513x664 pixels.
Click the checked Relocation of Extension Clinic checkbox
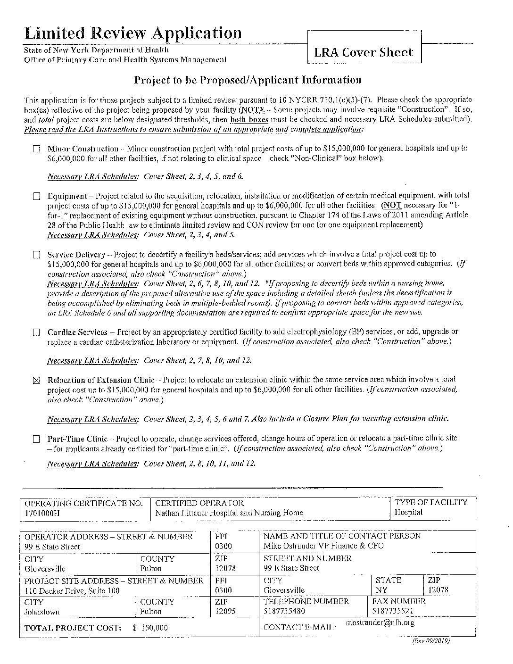tap(37, 381)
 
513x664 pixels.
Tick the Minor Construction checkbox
tap(37, 149)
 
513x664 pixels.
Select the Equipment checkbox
tap(37, 196)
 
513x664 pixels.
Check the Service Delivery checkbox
tap(37, 255)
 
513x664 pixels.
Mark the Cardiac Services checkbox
tap(37, 332)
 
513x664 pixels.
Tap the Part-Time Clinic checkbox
tap(37, 439)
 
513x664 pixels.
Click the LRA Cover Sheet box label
tap(364, 52)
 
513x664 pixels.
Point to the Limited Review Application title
tap(133, 33)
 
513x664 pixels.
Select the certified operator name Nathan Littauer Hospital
tap(229, 513)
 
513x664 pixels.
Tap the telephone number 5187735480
tap(284, 612)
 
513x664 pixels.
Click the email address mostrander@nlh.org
tap(380, 623)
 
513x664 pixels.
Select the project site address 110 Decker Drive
tap(72, 590)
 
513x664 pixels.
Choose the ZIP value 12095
tap(225, 612)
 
